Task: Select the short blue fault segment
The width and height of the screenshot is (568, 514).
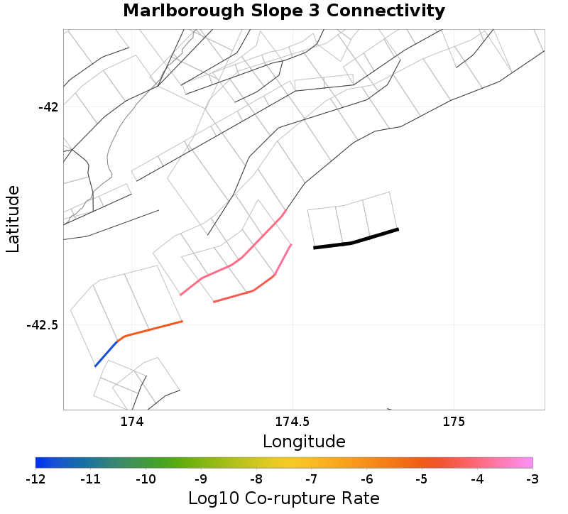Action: coord(106,354)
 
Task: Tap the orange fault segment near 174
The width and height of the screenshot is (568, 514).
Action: coord(153,329)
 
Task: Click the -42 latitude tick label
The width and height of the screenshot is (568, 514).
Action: coord(48,107)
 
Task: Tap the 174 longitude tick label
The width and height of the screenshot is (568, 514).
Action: coord(132,422)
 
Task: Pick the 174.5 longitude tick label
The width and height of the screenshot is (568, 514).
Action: coord(293,422)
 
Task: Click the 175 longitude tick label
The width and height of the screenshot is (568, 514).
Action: coord(453,422)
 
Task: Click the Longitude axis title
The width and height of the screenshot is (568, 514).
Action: coord(304,442)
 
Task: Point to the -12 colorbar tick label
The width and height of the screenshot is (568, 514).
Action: coord(35,479)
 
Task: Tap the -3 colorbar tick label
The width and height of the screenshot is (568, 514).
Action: coord(532,479)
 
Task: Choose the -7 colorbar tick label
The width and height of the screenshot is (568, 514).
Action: coord(312,479)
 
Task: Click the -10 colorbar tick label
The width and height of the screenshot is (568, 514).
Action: coord(146,479)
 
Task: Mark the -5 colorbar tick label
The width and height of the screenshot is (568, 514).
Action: coord(422,479)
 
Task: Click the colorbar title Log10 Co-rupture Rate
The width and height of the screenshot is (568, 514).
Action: coord(284,498)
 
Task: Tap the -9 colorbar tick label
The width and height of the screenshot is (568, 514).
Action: coord(201,479)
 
